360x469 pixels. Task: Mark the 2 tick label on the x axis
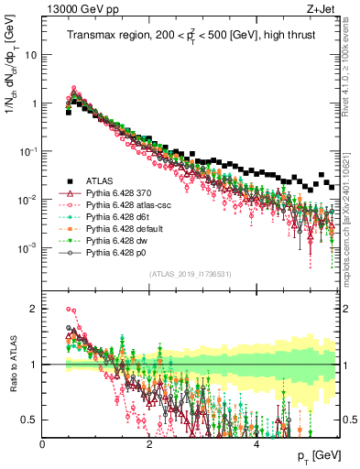149,443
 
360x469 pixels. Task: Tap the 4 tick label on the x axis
256,443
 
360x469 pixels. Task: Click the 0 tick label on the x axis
43,443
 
